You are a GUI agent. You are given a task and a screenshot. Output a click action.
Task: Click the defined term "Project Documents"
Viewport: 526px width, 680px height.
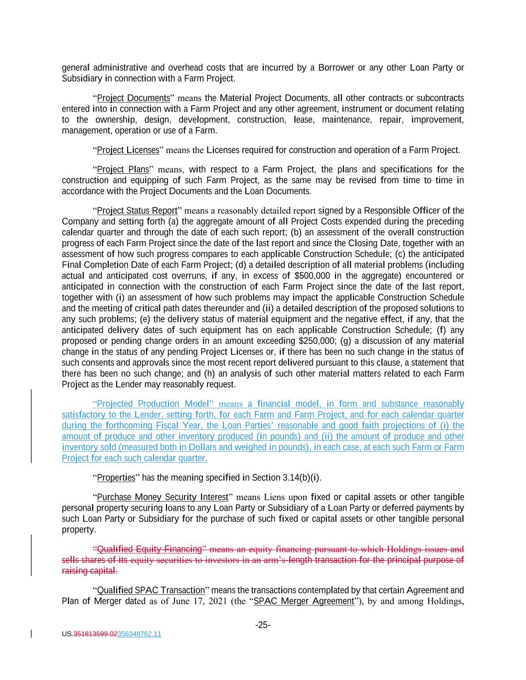(x=133, y=98)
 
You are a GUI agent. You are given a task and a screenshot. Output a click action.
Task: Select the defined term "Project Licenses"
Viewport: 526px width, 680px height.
(x=128, y=150)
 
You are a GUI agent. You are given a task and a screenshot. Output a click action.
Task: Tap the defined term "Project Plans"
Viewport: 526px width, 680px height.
(x=123, y=169)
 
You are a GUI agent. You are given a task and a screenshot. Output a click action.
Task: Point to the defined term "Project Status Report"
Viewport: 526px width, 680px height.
(x=137, y=210)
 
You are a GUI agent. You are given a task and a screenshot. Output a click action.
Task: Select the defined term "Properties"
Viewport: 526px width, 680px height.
(x=116, y=478)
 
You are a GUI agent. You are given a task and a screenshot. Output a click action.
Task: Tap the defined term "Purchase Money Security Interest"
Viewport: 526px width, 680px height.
(x=162, y=497)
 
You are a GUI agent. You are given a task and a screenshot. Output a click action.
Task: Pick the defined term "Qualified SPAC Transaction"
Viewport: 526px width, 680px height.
(x=151, y=590)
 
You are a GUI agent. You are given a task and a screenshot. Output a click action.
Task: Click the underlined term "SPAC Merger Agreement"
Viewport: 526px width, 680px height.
(x=304, y=601)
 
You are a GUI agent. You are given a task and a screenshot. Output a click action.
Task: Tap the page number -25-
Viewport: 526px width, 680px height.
(x=263, y=625)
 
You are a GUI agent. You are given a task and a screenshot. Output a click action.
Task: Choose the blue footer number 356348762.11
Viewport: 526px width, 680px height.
(x=139, y=634)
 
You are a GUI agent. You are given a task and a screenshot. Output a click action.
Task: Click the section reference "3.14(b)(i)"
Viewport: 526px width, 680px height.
(x=301, y=478)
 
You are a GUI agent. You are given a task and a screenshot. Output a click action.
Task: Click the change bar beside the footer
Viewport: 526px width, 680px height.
(x=31, y=634)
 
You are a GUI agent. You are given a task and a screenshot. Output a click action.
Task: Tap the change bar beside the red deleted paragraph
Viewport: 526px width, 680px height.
(x=31, y=555)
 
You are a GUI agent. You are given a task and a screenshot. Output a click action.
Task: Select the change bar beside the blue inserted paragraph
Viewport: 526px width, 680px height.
(x=31, y=426)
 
